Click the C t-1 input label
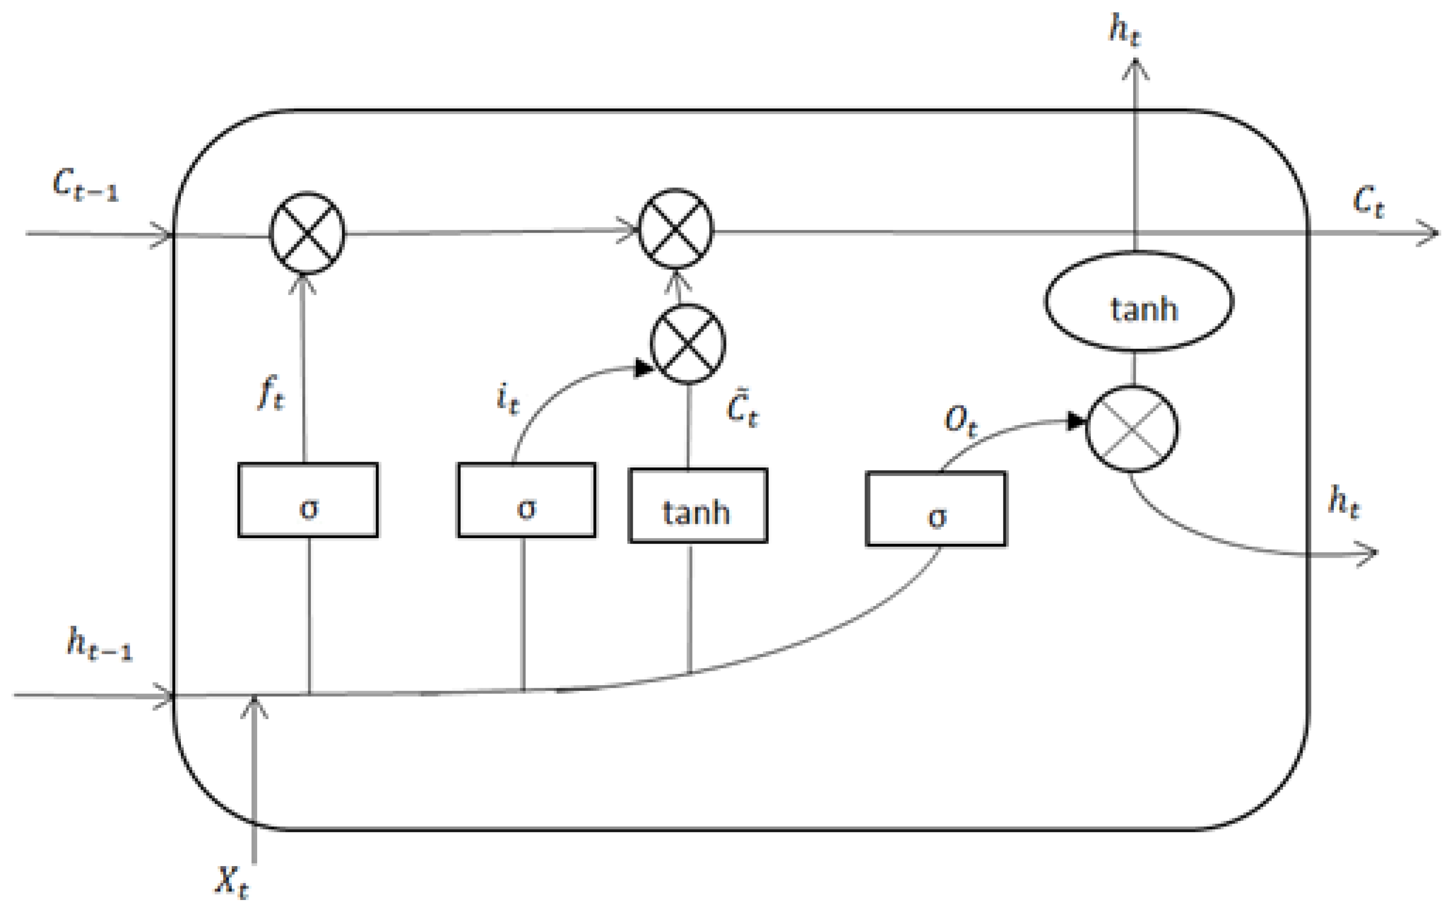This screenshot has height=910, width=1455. coord(85,185)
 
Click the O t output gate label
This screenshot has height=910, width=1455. coord(960,421)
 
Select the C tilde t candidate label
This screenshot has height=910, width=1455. coord(742,409)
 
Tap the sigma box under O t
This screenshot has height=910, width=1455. coord(936,509)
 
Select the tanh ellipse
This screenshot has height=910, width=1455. coord(1139,302)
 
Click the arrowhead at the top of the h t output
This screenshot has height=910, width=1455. coord(1136,68)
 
